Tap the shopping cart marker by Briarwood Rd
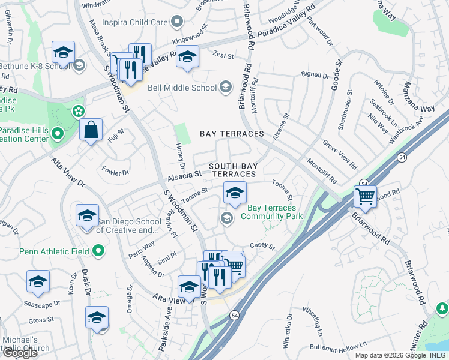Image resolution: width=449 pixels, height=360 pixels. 364,196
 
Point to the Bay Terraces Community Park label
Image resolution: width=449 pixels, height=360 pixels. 271,212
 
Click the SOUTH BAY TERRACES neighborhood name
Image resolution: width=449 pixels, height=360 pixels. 232,169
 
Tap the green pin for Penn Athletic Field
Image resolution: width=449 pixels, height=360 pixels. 100,251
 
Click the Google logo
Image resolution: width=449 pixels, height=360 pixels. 20,352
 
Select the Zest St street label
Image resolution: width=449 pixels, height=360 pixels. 223,55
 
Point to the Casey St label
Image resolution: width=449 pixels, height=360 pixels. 262,247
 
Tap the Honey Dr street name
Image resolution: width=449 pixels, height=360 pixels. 181,156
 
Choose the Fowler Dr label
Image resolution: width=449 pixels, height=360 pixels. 116,172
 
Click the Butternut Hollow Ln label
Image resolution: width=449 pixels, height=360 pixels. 338,347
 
